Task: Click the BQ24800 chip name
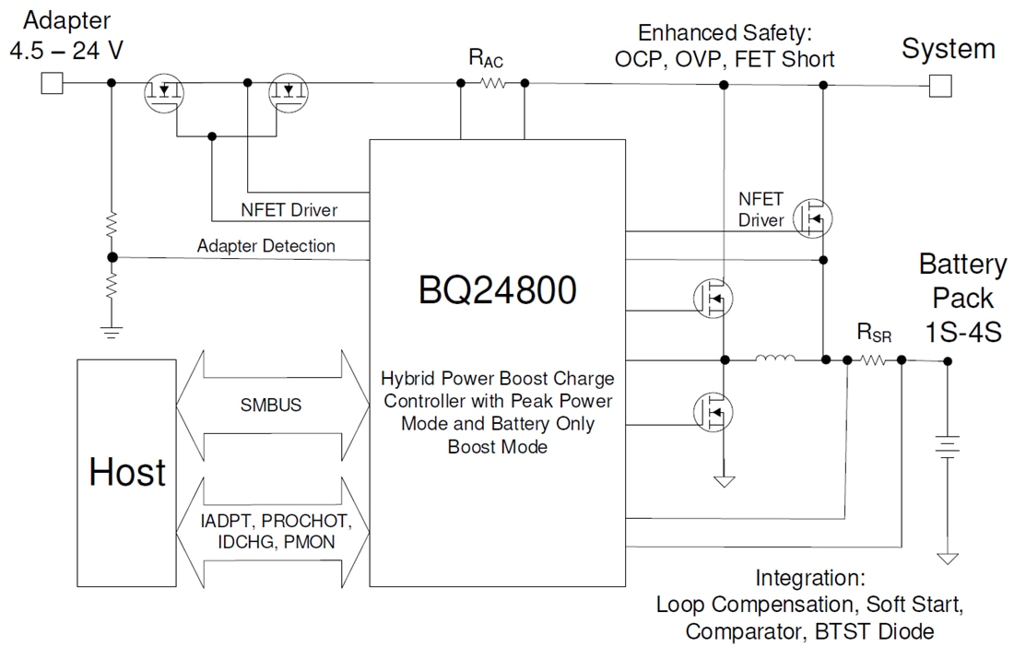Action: point(497,290)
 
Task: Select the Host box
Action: point(127,471)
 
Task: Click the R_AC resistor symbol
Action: point(492,83)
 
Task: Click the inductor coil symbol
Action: point(774,359)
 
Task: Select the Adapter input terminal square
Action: point(52,84)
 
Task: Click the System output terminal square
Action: point(939,86)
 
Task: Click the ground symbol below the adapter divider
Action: point(112,332)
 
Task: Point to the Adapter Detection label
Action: point(265,246)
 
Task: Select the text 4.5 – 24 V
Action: point(65,50)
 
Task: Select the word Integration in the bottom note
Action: point(809,578)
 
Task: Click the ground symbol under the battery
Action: point(947,558)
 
